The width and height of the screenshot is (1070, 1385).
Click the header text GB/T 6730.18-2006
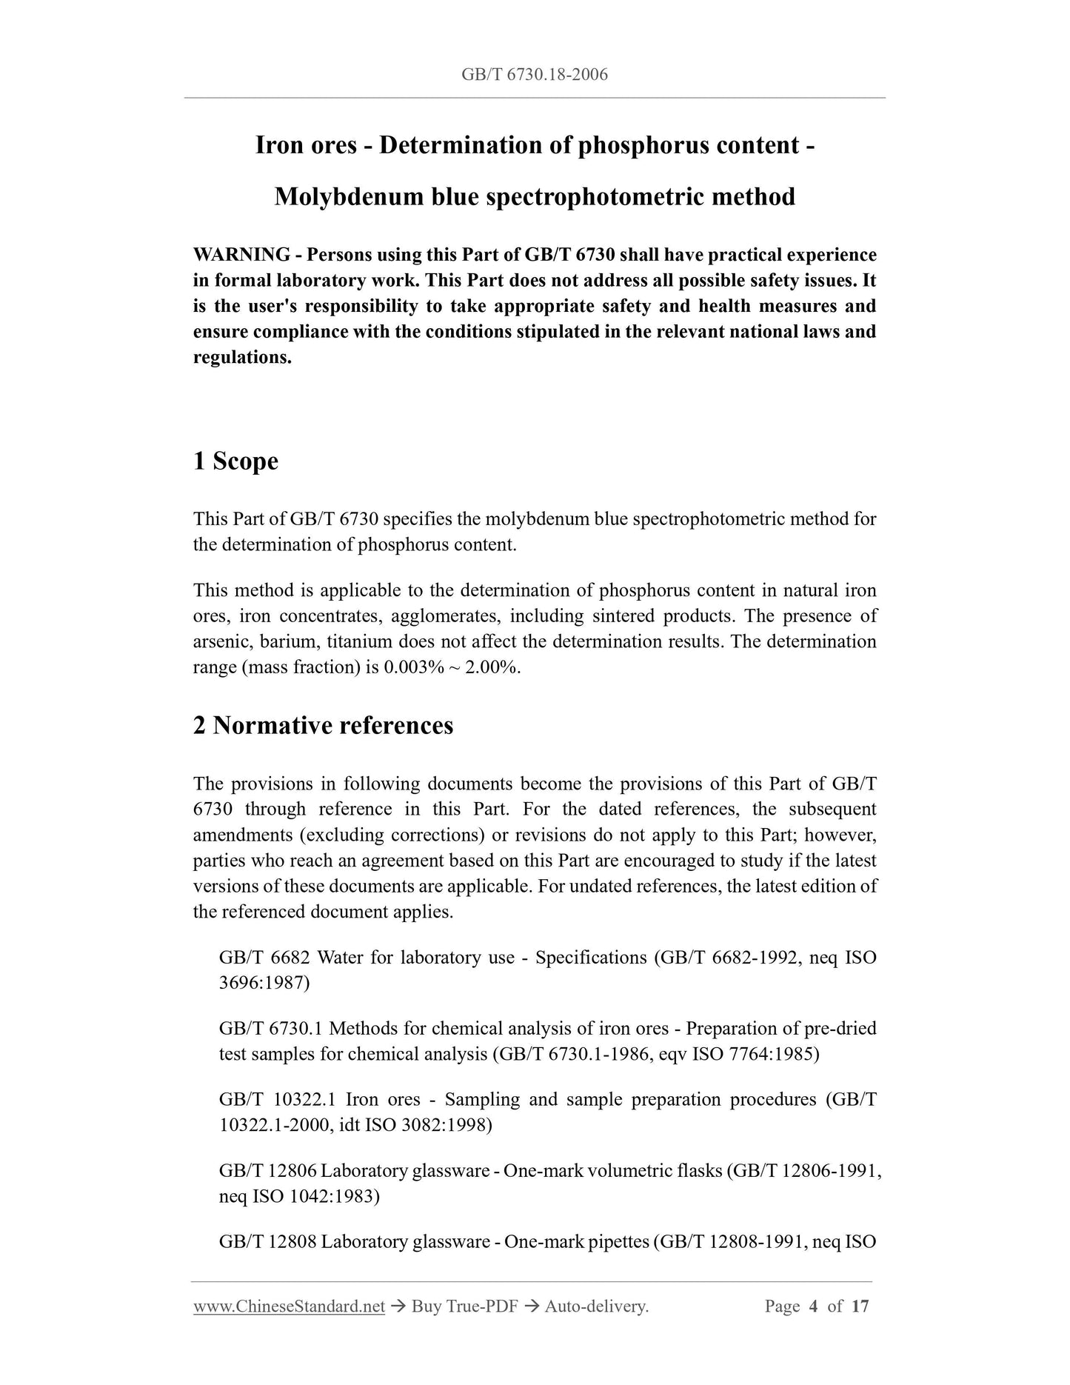click(534, 74)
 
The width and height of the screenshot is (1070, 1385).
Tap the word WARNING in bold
click(241, 256)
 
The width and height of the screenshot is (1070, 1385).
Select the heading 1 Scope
click(235, 461)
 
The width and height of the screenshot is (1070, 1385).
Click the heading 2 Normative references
click(323, 725)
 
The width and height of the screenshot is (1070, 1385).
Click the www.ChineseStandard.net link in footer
click(289, 1306)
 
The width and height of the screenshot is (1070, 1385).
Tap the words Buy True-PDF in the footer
click(464, 1306)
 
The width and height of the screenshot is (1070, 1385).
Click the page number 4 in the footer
click(813, 1306)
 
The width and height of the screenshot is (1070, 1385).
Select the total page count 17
click(860, 1306)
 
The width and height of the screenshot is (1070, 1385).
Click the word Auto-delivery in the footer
click(596, 1306)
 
